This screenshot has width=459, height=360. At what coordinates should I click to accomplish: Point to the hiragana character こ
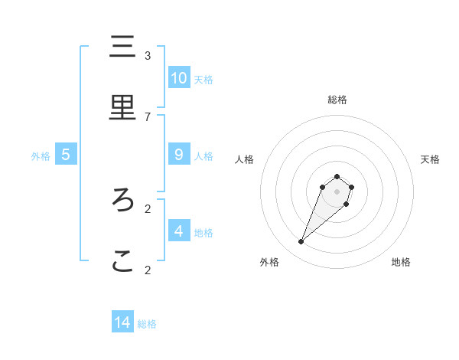[x=122, y=262]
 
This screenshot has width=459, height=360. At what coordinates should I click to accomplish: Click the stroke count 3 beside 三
[x=148, y=55]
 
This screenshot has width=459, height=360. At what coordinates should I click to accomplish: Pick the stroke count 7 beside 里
[x=148, y=116]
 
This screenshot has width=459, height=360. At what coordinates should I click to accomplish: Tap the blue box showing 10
[x=179, y=77]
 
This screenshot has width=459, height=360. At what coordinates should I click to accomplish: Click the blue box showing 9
[x=179, y=154]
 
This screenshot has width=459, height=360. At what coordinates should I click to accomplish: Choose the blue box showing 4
[x=179, y=231]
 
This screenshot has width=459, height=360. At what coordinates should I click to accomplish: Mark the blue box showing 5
[x=66, y=154]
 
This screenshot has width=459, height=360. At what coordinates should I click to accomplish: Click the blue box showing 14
[x=122, y=322]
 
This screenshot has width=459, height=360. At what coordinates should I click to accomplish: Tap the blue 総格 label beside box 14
[x=147, y=324]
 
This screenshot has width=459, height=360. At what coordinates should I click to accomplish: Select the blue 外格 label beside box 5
[x=41, y=155]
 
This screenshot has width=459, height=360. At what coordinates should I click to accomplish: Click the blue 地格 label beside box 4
[x=203, y=232]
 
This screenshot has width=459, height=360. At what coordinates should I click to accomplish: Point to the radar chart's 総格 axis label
[x=337, y=100]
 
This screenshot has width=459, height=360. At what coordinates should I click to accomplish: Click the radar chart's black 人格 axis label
[x=244, y=159]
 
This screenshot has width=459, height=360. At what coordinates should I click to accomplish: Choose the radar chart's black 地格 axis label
[x=401, y=262]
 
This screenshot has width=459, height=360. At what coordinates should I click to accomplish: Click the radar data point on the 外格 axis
[x=301, y=242]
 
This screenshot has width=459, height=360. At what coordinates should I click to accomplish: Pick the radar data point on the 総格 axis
[x=337, y=177]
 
